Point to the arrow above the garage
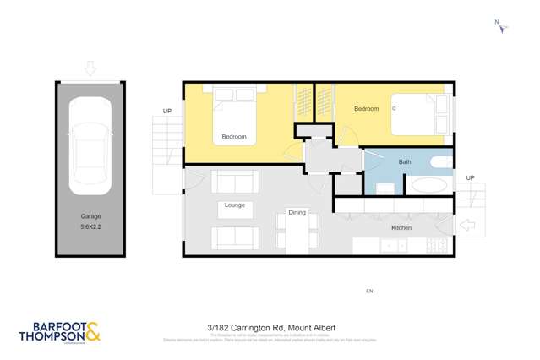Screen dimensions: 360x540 coord(90,68)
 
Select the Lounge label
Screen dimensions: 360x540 coord(235,205)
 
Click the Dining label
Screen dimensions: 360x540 coord(297,212)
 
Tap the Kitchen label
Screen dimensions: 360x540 coord(401,228)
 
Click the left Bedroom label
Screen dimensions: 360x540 coord(234,137)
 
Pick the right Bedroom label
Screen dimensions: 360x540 coord(366,109)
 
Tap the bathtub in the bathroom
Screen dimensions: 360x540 coord(431,186)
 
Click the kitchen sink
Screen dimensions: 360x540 coord(391,246)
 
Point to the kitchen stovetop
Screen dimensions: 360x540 coord(437,246)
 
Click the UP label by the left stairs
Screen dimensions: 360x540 coord(168,111)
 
